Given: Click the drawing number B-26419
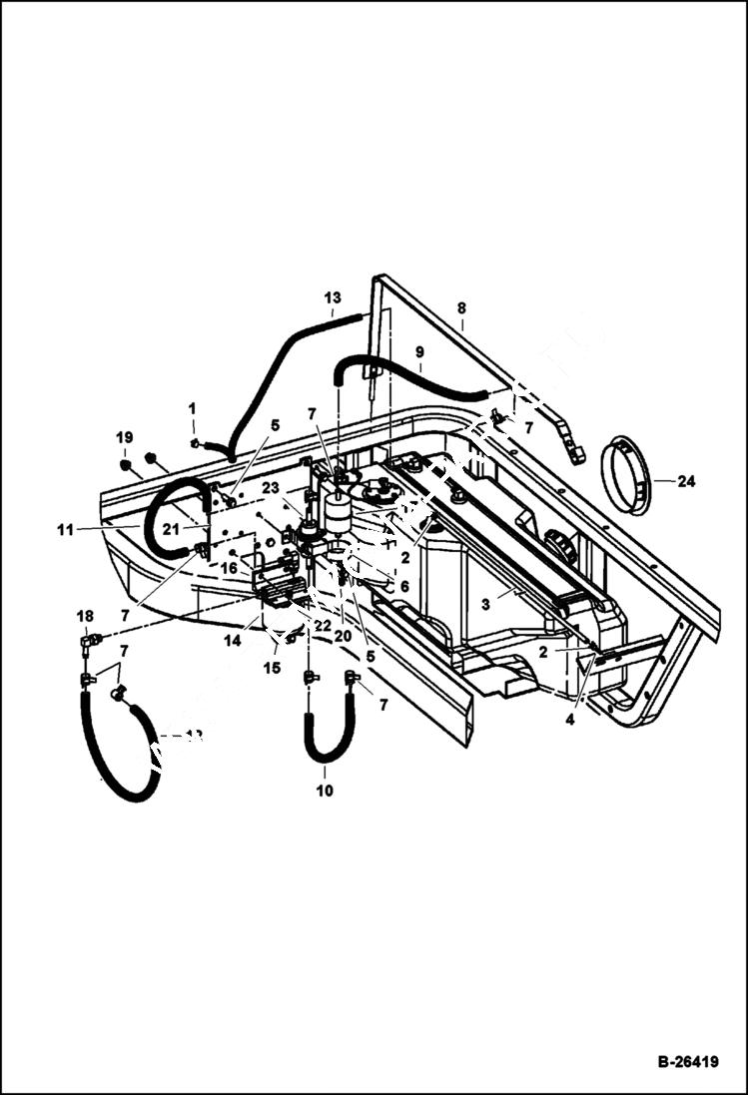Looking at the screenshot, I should pyautogui.click(x=687, y=1062).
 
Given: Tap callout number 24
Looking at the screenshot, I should pyautogui.click(x=685, y=481).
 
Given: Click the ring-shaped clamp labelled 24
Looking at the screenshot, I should pyautogui.click(x=625, y=475).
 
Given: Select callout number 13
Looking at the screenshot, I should pyautogui.click(x=333, y=297).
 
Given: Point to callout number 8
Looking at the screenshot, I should pyautogui.click(x=461, y=308).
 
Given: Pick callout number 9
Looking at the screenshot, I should pyautogui.click(x=419, y=352).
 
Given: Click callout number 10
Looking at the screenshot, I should pyautogui.click(x=325, y=791).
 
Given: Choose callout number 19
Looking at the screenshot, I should pyautogui.click(x=124, y=437).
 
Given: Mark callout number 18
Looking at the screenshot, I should pyautogui.click(x=85, y=615).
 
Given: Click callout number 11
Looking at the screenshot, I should pyautogui.click(x=65, y=530).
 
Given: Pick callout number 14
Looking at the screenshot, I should pyautogui.click(x=233, y=642).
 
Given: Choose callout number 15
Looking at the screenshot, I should pyautogui.click(x=272, y=668).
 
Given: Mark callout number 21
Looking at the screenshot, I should pyautogui.click(x=171, y=528).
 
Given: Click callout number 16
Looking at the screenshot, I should pyautogui.click(x=230, y=567).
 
